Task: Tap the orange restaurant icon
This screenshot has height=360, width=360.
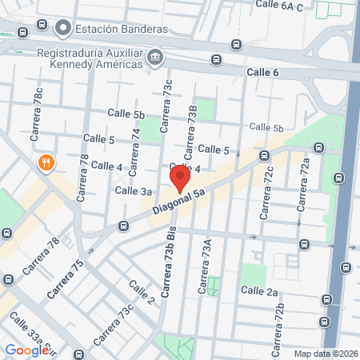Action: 46,163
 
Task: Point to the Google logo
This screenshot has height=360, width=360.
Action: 26,350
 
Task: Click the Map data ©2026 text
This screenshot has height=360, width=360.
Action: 326,354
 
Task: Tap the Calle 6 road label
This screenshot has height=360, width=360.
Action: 263,73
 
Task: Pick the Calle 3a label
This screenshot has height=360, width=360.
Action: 134,190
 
